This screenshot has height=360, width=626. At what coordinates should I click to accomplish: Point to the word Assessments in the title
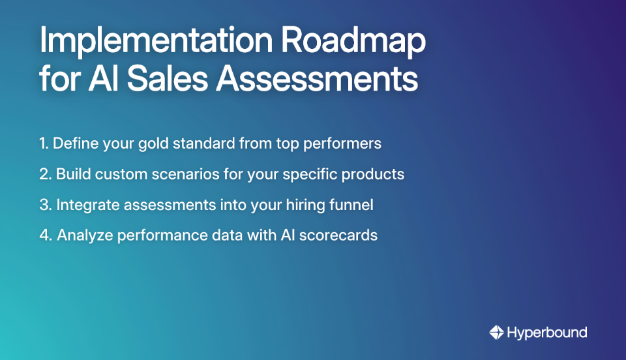tap(317, 79)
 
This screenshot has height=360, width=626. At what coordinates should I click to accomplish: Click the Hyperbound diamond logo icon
tap(496, 333)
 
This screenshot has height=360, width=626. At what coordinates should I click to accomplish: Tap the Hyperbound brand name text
tap(547, 333)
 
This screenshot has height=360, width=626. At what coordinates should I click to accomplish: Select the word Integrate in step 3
tap(84, 205)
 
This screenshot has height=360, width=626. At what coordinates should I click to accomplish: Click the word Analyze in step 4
tap(82, 235)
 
